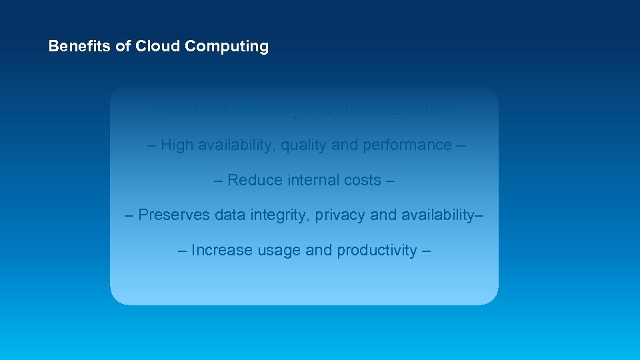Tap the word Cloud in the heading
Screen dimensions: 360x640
(x=159, y=47)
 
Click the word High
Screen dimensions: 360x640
(x=177, y=145)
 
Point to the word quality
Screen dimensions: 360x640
(x=303, y=145)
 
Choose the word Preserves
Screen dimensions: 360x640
(x=173, y=215)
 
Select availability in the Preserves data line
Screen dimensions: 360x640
(x=433, y=215)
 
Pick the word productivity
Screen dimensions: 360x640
(x=377, y=251)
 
